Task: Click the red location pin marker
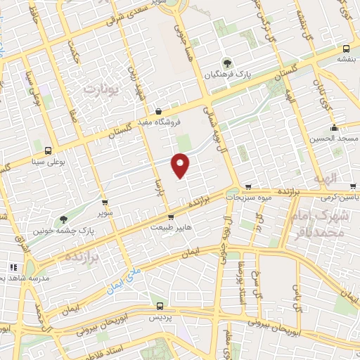[181, 166]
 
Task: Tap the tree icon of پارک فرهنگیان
[226, 61]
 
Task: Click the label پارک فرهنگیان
[226, 73]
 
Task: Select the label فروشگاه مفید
[159, 122]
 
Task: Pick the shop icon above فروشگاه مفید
[159, 111]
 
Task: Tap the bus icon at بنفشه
[346, 49]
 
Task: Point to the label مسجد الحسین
[335, 139]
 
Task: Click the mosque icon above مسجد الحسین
[335, 128]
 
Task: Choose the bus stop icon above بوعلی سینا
[48, 150]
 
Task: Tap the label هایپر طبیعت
[170, 227]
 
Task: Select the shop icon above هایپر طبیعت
[170, 217]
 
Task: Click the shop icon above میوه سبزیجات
[248, 187]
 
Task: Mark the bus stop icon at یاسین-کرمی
[352, 187]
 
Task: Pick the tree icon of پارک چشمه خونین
[64, 219]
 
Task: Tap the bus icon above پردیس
[160, 307]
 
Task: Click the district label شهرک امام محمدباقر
[330, 223]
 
